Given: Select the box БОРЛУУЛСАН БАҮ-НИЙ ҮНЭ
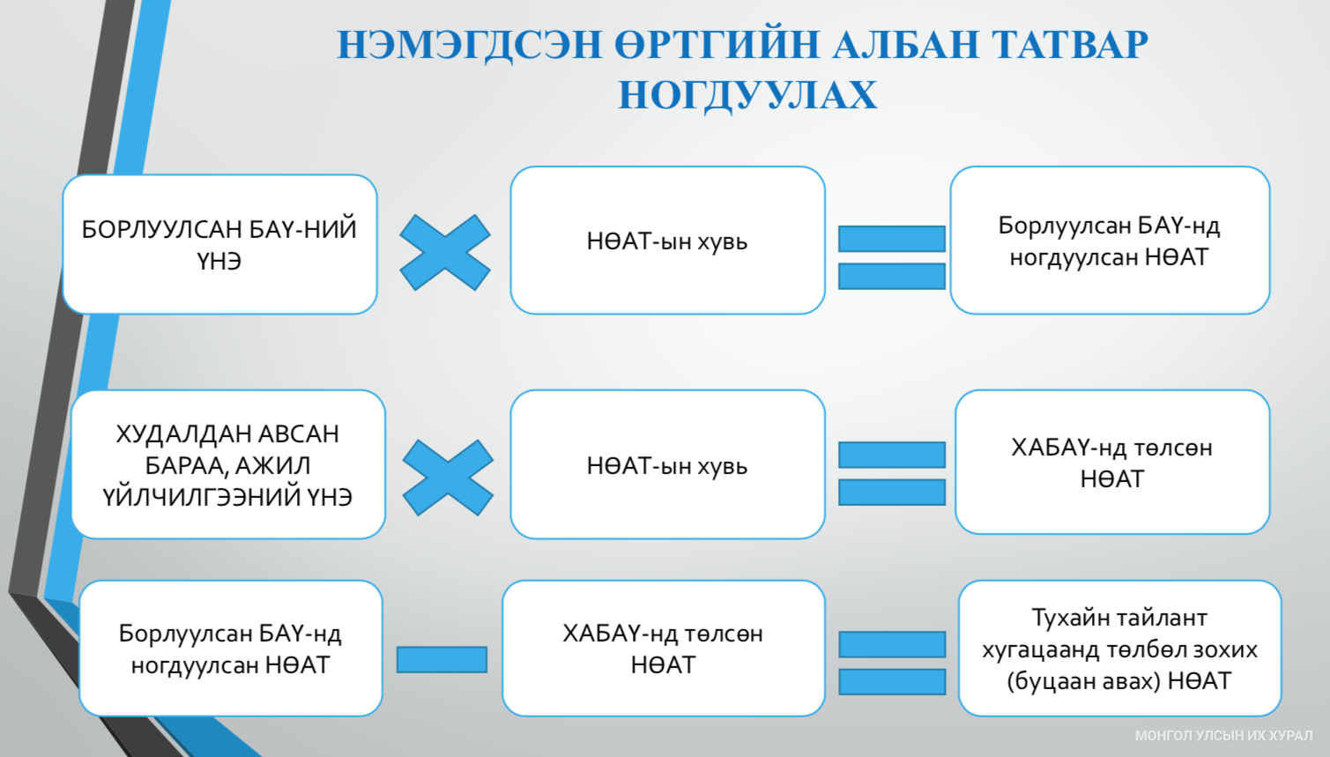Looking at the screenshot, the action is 219,244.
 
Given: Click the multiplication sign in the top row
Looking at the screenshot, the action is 445,252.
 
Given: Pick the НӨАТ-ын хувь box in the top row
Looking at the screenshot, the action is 667,240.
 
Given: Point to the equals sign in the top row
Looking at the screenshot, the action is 892,257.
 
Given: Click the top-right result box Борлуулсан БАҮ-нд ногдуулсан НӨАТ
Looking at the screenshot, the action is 1110,240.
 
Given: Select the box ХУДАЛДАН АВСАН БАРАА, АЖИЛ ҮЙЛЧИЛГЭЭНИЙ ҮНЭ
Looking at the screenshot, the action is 228,464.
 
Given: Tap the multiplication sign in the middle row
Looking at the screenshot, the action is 448,478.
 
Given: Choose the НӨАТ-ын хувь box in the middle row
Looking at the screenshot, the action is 667,464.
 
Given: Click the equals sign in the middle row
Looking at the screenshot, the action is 892,473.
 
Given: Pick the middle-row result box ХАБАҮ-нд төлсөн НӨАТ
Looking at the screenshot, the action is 1112,462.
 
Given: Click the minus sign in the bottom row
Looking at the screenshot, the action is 442,659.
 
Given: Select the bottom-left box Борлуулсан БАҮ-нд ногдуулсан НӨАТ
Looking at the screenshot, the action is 230,648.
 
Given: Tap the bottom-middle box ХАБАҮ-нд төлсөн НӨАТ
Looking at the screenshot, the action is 663,648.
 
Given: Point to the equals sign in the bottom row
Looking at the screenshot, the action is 892,664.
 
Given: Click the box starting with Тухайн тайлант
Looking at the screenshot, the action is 1120,648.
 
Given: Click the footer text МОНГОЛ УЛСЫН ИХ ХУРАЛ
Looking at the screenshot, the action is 1223,736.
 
